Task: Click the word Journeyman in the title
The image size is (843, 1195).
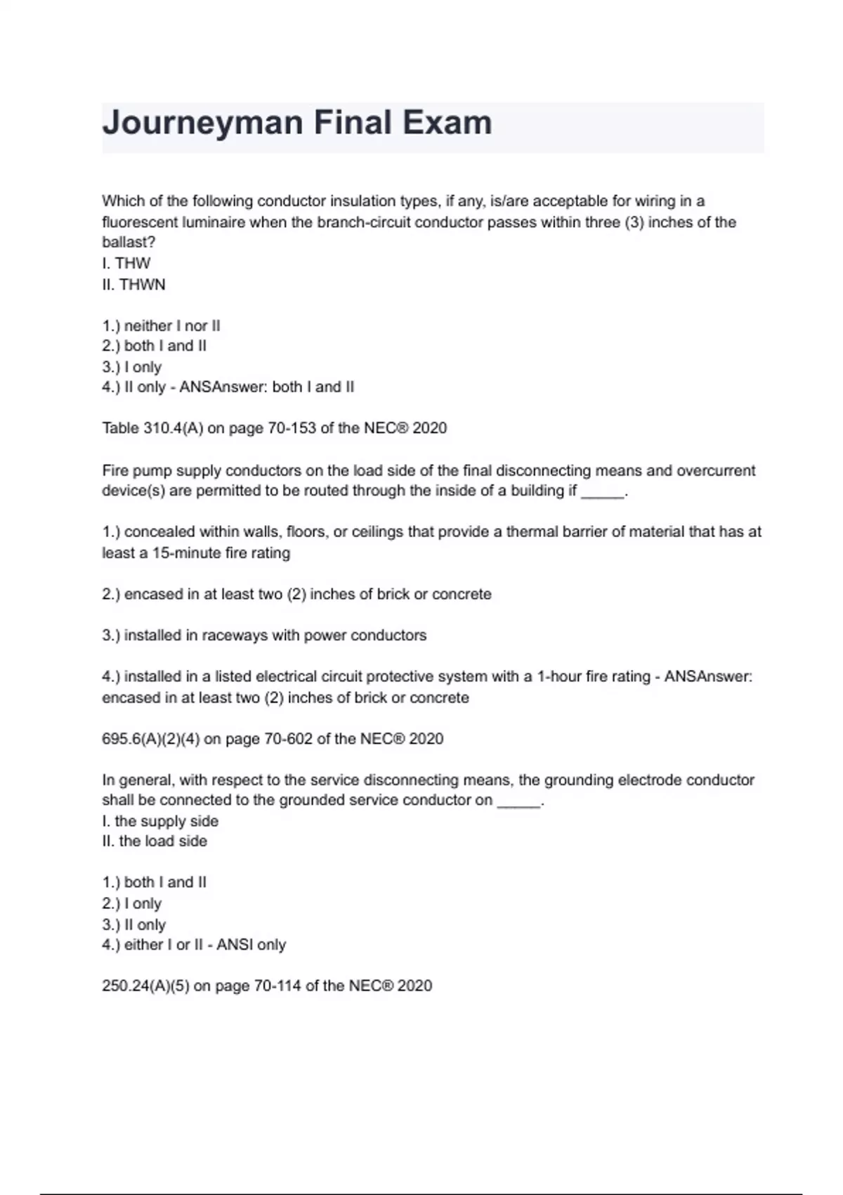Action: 202,123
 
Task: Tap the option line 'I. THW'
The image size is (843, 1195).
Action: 126,264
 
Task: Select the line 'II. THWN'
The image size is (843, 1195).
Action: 134,285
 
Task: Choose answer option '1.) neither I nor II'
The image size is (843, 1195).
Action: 161,325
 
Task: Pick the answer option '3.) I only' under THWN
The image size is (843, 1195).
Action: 131,367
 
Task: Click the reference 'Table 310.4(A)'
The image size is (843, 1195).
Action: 152,428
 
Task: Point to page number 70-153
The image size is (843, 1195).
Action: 292,428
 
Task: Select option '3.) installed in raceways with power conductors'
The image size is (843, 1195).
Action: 264,635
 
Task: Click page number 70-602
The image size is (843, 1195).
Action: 288,739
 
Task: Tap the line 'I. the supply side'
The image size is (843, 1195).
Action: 160,821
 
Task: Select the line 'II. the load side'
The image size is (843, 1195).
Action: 155,841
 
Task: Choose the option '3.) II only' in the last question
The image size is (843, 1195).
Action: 133,925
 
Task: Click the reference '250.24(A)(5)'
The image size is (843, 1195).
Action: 145,986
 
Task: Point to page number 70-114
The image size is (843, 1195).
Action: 277,986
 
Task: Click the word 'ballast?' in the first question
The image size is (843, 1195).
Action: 129,243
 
